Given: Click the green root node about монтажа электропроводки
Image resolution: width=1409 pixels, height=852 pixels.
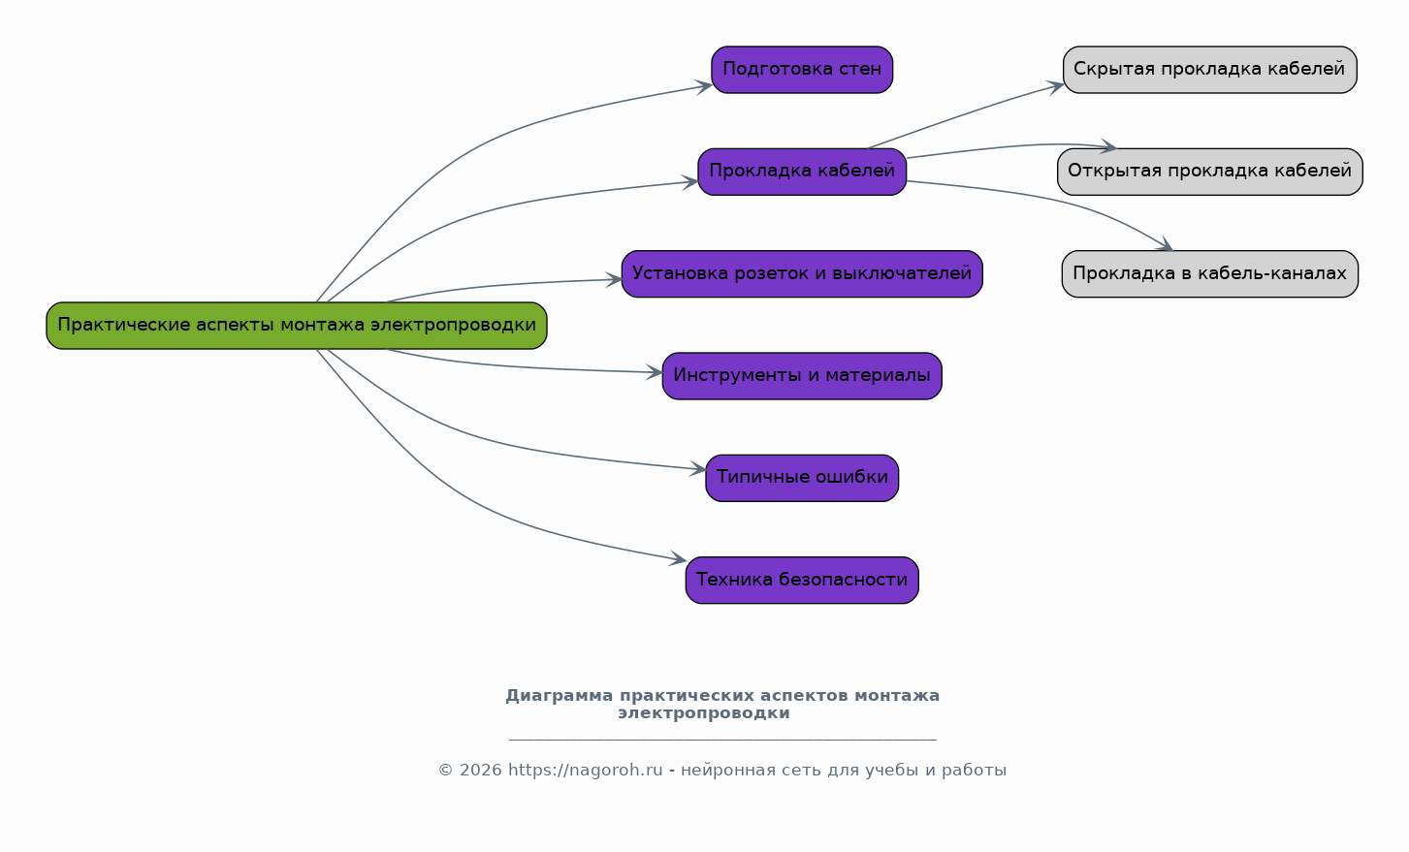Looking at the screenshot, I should coord(297,326).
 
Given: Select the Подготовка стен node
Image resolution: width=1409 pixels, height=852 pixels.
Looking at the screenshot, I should coord(802,70).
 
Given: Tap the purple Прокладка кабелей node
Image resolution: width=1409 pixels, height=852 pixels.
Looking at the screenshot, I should coord(802,172).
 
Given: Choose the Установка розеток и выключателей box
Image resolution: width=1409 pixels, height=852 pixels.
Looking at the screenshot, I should coord(802,274).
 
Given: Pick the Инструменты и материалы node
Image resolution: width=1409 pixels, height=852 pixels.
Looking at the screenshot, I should coord(802,376).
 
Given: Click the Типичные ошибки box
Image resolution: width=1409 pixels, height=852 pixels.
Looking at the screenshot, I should coord(802,478).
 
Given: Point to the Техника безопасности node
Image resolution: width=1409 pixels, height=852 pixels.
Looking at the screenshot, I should coord(802,580).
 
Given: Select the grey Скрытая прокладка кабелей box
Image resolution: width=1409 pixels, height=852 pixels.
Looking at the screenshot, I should coord(1209,70).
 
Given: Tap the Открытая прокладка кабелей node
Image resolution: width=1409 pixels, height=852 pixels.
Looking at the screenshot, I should coord(1209,172).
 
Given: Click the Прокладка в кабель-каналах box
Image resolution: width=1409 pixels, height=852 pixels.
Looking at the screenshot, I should coord(1209,274).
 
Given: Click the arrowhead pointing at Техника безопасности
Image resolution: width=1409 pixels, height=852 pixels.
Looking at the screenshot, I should coord(679,559).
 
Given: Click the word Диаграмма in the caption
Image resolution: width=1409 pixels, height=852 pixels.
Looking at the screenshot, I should coord(560,696).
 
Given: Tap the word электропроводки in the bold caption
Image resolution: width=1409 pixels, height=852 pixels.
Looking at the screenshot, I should coord(703,713).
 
